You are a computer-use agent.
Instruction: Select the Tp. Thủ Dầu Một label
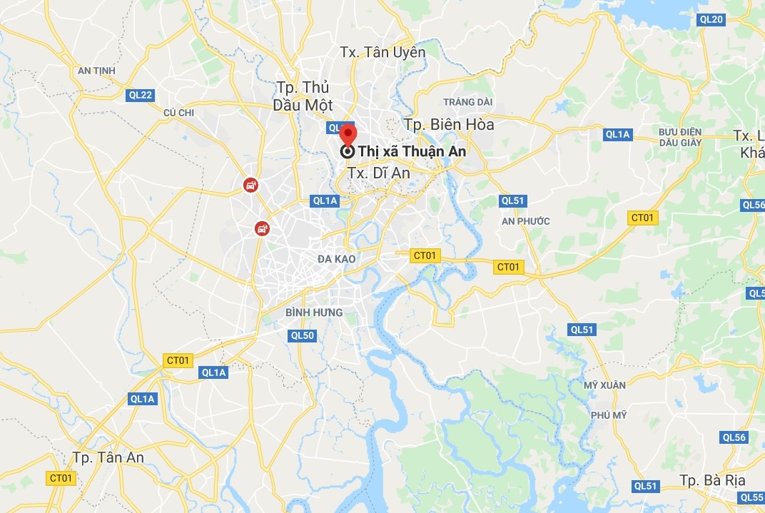(303, 96)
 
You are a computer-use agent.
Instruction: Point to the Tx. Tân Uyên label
(382, 52)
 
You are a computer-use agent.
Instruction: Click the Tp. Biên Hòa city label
(449, 124)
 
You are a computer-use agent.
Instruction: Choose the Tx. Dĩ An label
(379, 173)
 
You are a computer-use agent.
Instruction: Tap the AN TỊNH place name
(96, 71)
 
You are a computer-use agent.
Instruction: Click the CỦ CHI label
(178, 112)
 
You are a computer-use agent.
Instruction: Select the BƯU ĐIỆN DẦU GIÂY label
(680, 137)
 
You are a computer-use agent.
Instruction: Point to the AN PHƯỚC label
(526, 221)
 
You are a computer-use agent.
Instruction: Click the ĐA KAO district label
(337, 258)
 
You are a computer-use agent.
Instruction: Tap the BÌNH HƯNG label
(314, 313)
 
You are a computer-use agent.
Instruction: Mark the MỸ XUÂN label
(604, 385)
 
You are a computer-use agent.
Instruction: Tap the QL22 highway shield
(141, 95)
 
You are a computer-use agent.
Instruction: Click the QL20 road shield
(712, 19)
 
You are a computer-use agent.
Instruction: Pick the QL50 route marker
(302, 335)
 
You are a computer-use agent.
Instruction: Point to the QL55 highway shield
(751, 497)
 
